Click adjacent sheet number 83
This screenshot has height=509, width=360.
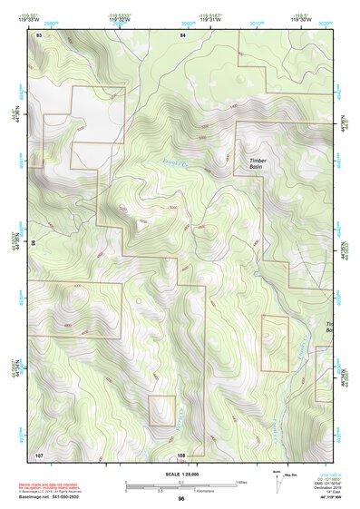pos(39,34)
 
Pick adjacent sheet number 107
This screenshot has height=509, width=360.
pos(39,454)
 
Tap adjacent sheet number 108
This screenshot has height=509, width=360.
pos(181,454)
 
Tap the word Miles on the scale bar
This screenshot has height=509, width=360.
pos(241,482)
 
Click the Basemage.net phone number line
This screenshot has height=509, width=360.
pos(54,495)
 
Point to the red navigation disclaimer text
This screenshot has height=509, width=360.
pos(54,486)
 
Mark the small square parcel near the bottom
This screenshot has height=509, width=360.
pos(161,410)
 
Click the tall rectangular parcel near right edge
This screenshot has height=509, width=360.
pos(274,343)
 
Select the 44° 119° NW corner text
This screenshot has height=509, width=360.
pos(323,498)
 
